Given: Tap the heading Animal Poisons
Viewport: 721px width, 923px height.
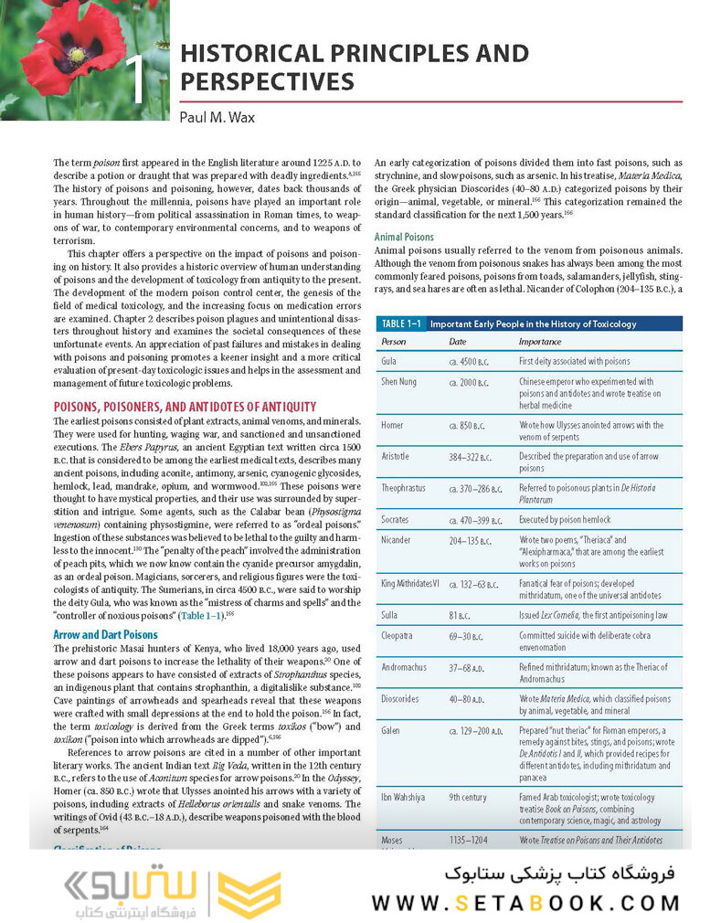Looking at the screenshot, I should [x=404, y=238].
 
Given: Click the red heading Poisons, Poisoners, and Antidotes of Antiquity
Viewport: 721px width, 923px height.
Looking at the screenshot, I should [x=185, y=407].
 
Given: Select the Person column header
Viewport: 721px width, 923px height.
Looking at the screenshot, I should [x=394, y=342].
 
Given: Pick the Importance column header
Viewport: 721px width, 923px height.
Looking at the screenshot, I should [x=540, y=342].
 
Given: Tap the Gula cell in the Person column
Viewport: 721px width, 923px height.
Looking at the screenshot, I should [x=388, y=362].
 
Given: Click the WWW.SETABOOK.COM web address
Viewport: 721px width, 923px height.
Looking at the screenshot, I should [x=525, y=903].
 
